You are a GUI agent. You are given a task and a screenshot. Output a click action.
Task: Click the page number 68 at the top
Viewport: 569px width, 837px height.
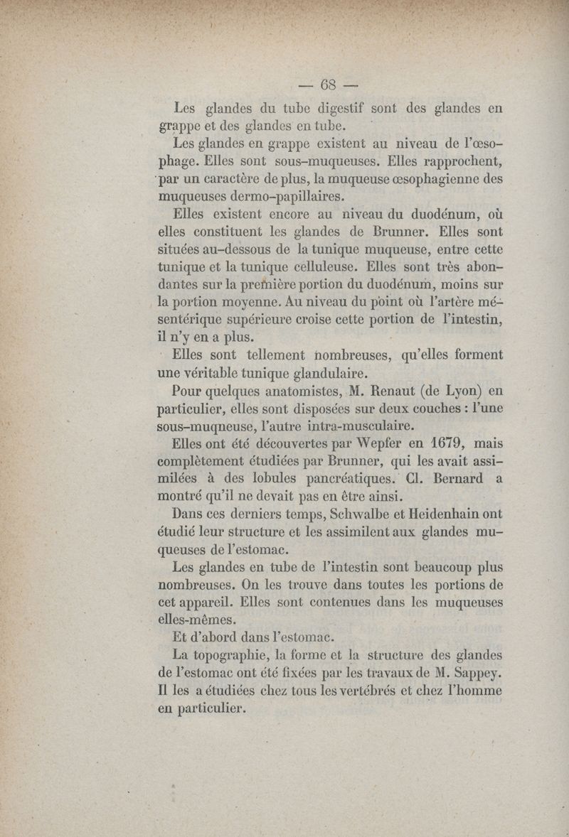328,84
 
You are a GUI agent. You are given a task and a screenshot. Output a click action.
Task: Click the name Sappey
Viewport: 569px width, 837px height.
476,672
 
